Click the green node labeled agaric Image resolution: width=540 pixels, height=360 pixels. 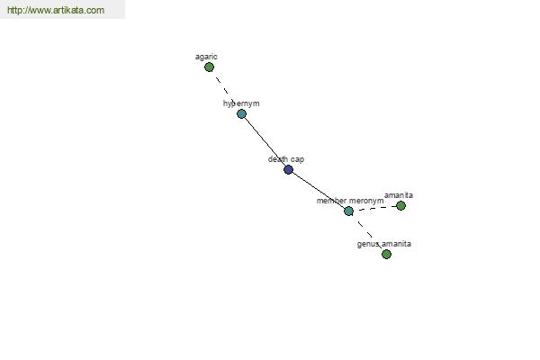coord(209,67)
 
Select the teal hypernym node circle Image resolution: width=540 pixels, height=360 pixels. coord(242,113)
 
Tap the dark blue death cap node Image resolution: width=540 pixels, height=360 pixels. coord(289,169)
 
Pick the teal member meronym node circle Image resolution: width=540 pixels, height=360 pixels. coord(349,211)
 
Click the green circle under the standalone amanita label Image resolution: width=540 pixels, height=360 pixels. coord(400,206)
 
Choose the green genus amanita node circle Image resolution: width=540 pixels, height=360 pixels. coord(386,254)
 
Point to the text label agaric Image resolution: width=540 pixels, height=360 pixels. coord(206,57)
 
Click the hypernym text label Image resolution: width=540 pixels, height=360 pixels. coord(241,103)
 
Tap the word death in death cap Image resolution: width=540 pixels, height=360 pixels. coord(278,159)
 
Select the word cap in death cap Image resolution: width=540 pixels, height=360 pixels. coord(297,160)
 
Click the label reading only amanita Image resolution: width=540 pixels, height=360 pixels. coord(399,195)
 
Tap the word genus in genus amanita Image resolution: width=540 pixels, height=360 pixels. coord(368,244)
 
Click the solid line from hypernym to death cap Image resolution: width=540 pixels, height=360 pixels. coord(265,141)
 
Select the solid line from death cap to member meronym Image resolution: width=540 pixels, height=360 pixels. coord(319,190)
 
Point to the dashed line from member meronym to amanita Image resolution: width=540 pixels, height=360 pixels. coord(374,207)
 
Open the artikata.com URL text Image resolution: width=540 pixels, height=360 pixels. coord(56,10)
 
